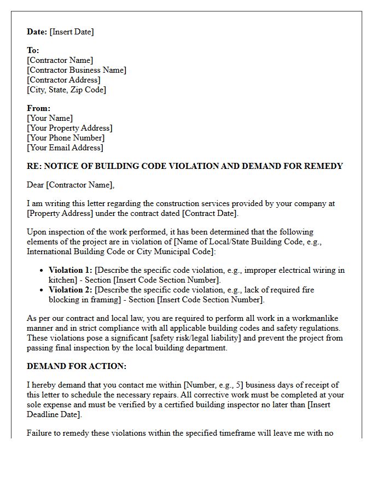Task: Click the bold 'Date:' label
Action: pos(37,32)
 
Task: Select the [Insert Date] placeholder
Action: pos(72,32)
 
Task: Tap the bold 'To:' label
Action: pos(33,50)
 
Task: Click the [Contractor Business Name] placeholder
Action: pos(77,70)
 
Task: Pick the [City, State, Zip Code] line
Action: pos(66,90)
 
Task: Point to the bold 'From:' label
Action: pos(38,108)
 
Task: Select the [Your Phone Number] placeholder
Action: pos(66,138)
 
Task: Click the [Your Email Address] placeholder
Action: pos(65,148)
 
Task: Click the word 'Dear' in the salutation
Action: pos(36,185)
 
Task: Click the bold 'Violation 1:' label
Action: pos(71,270)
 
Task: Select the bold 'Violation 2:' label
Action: pos(71,290)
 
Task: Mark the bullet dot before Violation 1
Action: pos(42,271)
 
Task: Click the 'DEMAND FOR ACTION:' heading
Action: pos(77,366)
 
